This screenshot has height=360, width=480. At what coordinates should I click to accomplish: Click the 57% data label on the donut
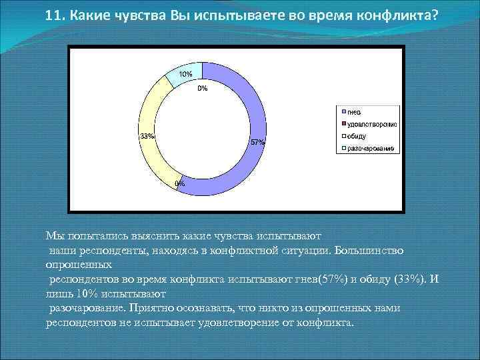click(258, 142)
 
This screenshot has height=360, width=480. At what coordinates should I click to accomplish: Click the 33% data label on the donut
click(147, 136)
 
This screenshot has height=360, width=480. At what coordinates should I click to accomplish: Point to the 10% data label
click(186, 73)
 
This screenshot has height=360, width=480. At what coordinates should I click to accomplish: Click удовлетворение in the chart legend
click(372, 123)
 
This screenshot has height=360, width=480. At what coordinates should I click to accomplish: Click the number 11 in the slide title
click(54, 16)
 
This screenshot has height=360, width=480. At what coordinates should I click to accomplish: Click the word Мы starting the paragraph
click(53, 235)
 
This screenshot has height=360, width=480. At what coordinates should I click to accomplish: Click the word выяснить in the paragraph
click(139, 235)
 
